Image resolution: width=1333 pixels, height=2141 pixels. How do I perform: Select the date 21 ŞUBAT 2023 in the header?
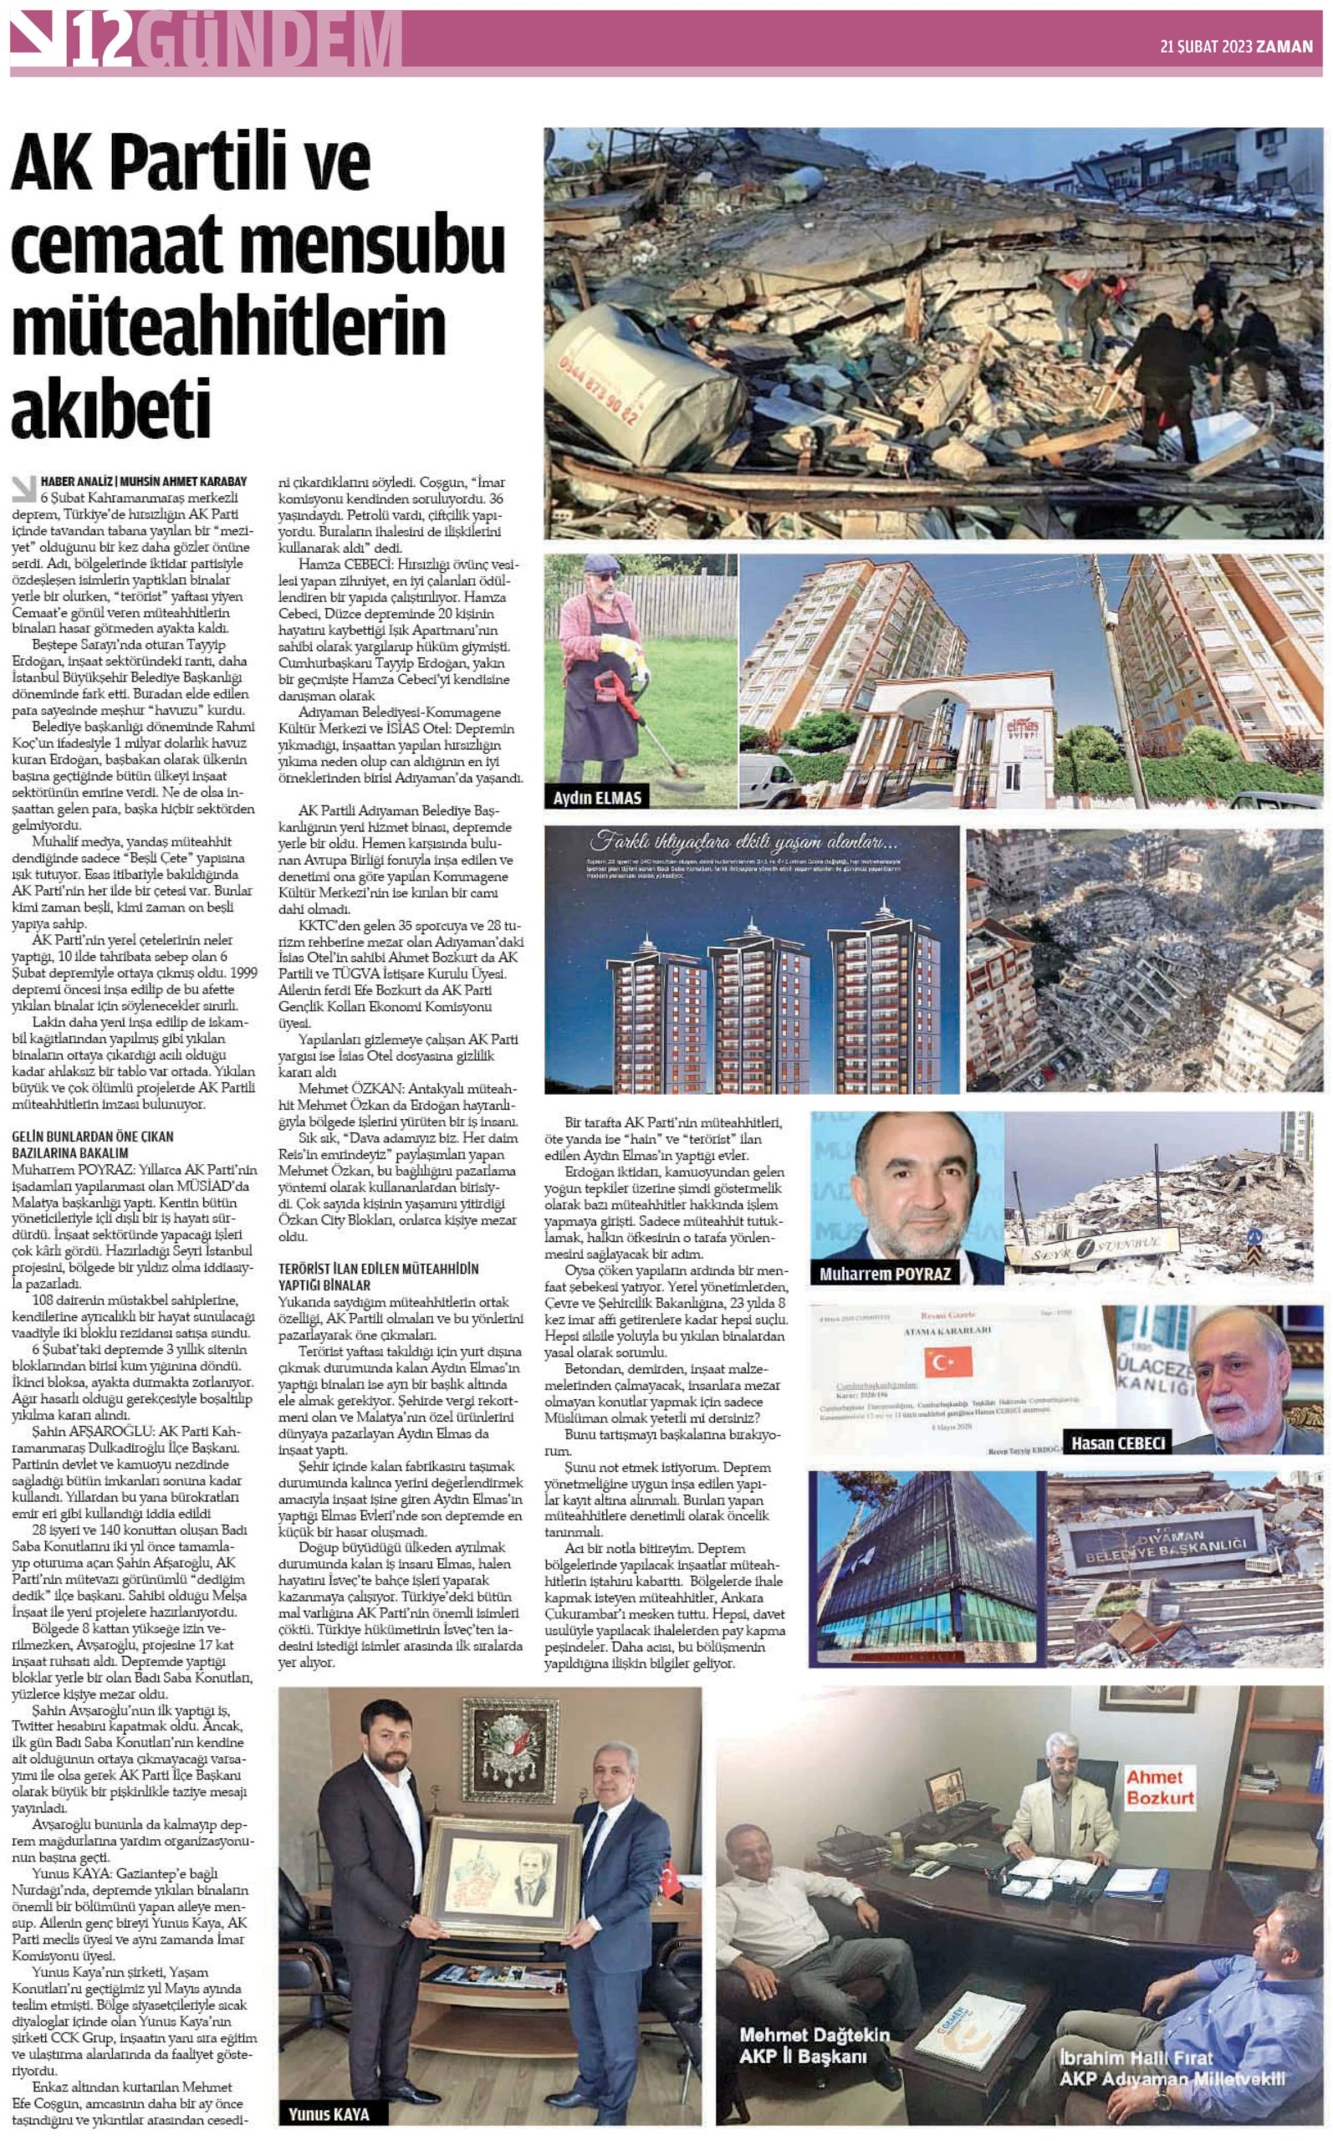[x=1205, y=47]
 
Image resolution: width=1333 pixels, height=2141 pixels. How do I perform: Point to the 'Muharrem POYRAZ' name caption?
[x=884, y=1274]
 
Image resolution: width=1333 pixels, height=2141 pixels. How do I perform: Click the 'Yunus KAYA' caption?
[x=329, y=2113]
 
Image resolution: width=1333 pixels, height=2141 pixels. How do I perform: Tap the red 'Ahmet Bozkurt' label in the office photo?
[x=1159, y=1787]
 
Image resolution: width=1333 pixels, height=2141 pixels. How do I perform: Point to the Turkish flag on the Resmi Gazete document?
[x=947, y=1362]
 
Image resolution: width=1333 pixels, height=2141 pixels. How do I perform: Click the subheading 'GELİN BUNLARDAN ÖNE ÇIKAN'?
[x=93, y=1137]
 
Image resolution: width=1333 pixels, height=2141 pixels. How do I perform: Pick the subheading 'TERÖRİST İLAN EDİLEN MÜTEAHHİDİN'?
[x=378, y=1269]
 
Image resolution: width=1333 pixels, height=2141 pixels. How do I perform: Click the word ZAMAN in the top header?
[x=1286, y=47]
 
